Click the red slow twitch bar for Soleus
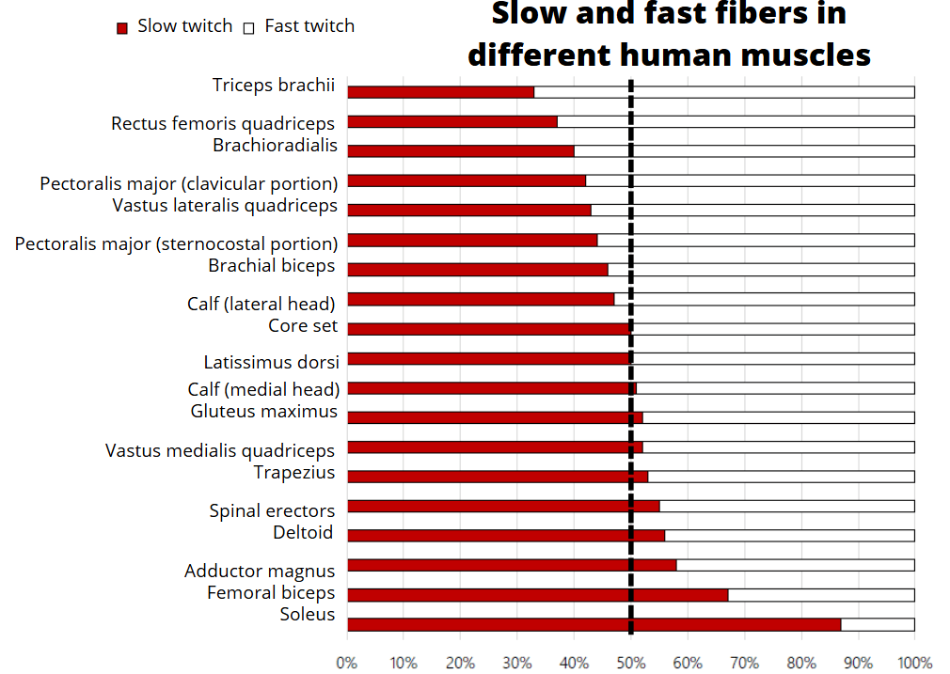click(593, 624)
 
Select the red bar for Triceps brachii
click(440, 92)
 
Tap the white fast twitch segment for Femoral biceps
click(820, 595)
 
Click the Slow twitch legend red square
click(121, 28)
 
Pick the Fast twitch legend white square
click(249, 28)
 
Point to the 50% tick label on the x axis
click(630, 662)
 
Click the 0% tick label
click(347, 662)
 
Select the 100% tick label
click(914, 662)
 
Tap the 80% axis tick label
click(801, 662)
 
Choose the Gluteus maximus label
click(263, 411)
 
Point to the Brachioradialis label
click(275, 145)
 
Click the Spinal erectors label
click(272, 510)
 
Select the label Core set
click(303, 326)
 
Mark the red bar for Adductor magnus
click(512, 565)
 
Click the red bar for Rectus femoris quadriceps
click(451, 121)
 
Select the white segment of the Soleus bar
click(878, 624)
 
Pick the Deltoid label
click(303, 533)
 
